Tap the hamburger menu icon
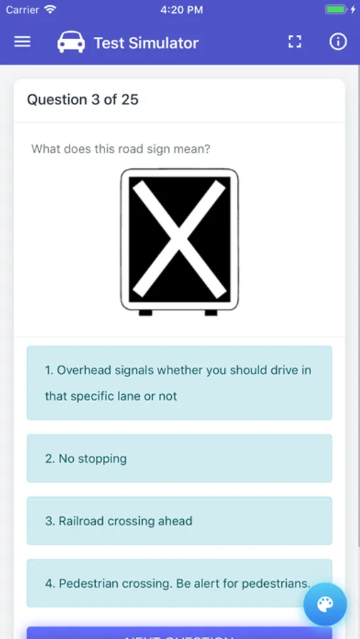tap(23, 42)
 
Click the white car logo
tap(71, 42)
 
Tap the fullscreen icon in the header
tap(295, 42)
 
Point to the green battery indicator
tap(337, 10)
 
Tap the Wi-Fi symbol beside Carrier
tap(50, 9)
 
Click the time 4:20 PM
tap(182, 10)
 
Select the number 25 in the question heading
tap(130, 99)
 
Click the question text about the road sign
tap(121, 149)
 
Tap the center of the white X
tap(180, 239)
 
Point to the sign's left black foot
tap(146, 312)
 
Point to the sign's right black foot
tap(211, 312)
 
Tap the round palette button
tap(325, 604)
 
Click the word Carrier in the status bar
tap(23, 10)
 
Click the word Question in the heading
tap(57, 100)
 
